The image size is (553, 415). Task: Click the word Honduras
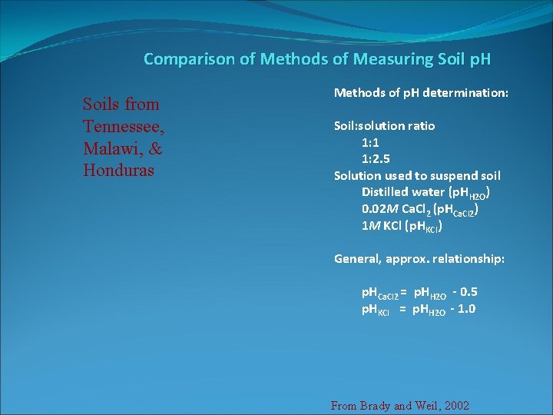(119, 170)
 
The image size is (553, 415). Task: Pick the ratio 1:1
(371, 142)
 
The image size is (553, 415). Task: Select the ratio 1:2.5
(376, 159)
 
